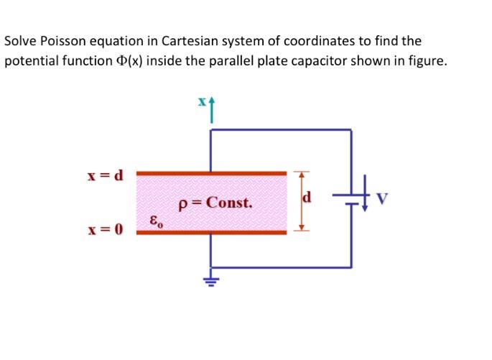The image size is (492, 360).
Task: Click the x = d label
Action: click(x=106, y=175)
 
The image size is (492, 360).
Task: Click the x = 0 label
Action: click(x=106, y=230)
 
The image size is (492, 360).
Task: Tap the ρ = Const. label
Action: click(x=215, y=203)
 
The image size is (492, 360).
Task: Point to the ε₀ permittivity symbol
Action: click(x=156, y=221)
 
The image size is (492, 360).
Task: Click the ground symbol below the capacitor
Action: click(x=210, y=280)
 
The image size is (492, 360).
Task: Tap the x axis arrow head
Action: click(x=211, y=103)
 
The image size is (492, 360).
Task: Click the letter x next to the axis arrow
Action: click(x=203, y=102)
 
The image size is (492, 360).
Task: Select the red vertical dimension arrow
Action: click(x=301, y=202)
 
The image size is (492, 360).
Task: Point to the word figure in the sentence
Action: click(x=427, y=61)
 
